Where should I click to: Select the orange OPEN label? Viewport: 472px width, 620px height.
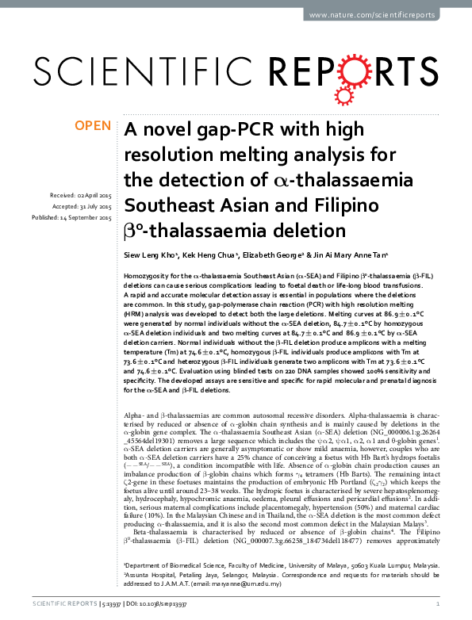(93, 125)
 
